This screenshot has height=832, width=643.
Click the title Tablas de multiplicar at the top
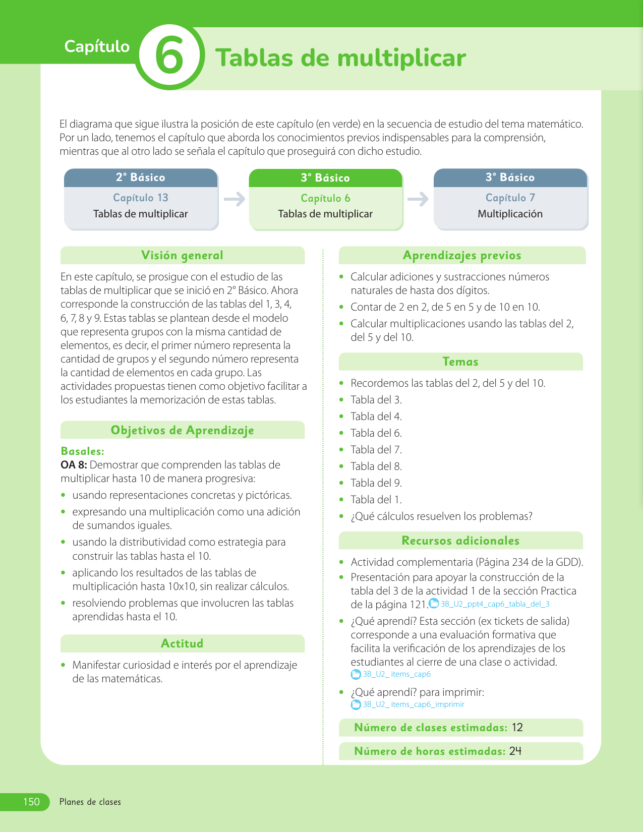click(340, 58)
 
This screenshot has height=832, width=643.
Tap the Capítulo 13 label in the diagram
click(141, 198)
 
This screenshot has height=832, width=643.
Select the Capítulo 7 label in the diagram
click(510, 198)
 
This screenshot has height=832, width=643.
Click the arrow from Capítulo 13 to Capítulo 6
click(234, 199)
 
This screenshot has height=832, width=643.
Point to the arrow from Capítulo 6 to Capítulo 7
click(418, 199)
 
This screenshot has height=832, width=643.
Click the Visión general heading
click(182, 255)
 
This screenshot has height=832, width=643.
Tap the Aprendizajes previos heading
click(462, 255)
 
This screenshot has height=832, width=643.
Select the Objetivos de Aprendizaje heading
click(182, 430)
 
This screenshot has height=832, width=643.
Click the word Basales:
click(82, 451)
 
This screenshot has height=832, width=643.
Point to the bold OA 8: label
click(74, 464)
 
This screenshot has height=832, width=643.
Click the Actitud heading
click(182, 643)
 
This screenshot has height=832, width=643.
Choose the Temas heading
click(460, 362)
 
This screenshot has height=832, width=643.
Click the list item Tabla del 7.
click(376, 449)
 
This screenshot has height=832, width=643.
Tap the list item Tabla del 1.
click(376, 499)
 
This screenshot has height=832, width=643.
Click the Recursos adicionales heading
click(460, 541)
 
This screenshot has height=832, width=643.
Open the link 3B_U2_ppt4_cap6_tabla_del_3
click(495, 604)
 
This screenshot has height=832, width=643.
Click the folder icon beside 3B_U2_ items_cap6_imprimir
click(356, 704)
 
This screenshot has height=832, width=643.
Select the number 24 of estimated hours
click(515, 751)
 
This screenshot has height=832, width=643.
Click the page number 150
click(31, 802)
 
